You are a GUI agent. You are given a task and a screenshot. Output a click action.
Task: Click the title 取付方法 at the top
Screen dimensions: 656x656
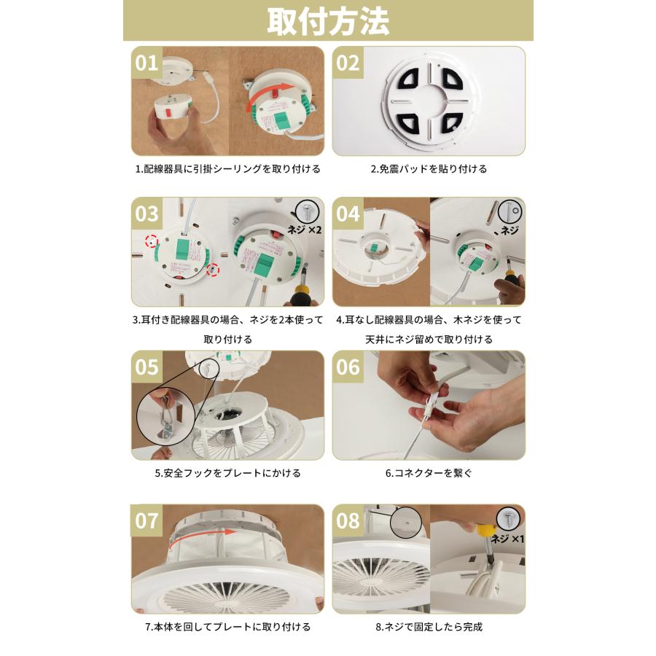[x=329, y=21]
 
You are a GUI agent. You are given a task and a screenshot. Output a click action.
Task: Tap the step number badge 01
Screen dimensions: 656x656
[x=147, y=63]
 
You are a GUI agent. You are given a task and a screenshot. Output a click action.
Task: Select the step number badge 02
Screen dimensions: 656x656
[x=348, y=63]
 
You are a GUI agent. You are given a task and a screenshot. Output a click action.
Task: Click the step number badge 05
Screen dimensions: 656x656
[x=147, y=367]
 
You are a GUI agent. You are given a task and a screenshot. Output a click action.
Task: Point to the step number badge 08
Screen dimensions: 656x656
[x=348, y=520]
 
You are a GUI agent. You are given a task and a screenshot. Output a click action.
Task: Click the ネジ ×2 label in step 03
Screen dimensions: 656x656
[x=304, y=229]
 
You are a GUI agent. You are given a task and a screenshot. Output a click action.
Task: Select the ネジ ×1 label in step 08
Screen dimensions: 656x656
[x=507, y=539]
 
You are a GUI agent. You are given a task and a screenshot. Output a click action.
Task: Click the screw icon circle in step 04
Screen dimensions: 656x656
[x=511, y=211]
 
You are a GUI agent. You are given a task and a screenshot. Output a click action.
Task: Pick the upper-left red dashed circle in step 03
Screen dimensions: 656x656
[x=152, y=241]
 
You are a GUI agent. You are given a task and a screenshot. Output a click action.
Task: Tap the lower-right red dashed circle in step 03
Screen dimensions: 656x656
[x=214, y=270]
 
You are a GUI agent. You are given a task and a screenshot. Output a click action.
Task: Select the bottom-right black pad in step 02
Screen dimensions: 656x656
[x=450, y=123]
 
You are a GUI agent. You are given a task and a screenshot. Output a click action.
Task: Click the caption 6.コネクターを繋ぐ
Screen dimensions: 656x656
[x=429, y=473]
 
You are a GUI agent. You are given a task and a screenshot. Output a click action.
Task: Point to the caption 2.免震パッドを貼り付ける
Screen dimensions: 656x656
[x=429, y=169]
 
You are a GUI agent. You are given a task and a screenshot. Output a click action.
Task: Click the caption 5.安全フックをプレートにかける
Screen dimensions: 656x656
[x=228, y=473]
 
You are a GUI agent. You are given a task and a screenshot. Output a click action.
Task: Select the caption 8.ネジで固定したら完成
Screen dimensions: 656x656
[x=429, y=627]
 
